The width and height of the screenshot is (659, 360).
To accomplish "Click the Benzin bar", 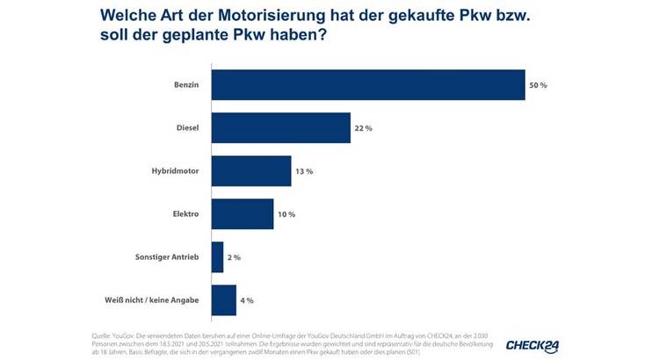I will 368,85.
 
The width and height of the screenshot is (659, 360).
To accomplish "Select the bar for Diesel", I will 281,128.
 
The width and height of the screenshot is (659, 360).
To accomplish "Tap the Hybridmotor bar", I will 251,171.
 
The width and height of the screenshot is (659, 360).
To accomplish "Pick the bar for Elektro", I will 243,213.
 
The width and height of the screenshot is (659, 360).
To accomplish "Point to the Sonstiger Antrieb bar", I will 218,257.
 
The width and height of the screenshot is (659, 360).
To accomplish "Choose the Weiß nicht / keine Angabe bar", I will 224,300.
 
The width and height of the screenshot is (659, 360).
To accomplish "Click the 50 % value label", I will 538,85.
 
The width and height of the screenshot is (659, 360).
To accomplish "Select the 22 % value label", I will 363,128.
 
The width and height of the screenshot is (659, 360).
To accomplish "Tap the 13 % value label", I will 303,171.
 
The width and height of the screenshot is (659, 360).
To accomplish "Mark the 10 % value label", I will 286,214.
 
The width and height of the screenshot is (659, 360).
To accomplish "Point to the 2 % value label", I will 234,257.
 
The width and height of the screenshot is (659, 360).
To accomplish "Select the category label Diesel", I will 186,128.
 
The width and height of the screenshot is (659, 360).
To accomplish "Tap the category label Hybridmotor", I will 174,171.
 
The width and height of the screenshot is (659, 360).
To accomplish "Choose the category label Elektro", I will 185,214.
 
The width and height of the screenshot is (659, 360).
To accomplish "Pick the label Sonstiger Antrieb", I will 164,257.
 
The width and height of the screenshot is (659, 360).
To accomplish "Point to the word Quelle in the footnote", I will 104,337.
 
